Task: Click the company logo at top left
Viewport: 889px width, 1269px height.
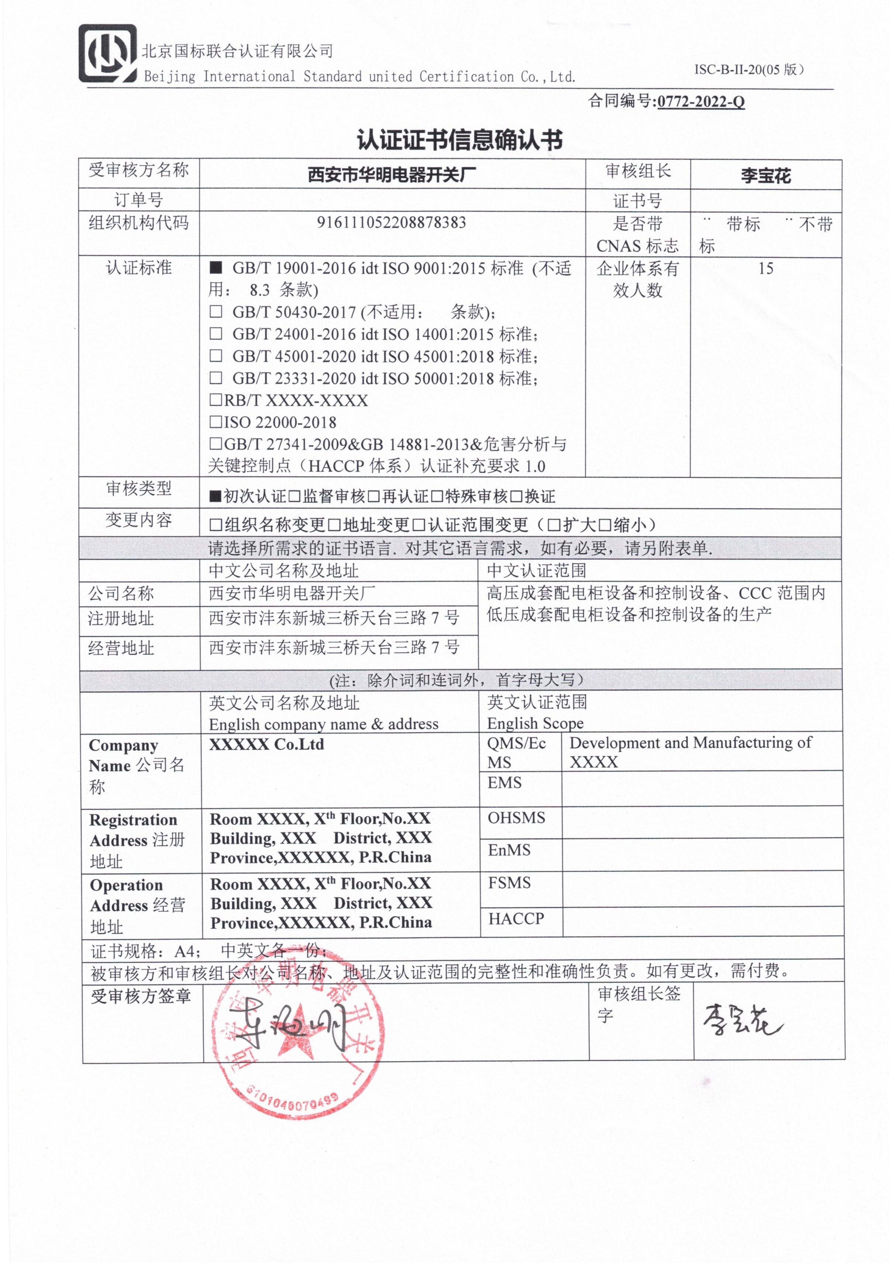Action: tap(107, 54)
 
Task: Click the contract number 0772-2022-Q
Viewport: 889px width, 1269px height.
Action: tap(700, 102)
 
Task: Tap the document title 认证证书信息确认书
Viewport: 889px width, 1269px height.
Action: tap(460, 140)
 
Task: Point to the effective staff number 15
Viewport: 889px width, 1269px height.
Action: tap(765, 269)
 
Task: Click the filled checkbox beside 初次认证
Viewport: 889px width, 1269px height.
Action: tap(216, 496)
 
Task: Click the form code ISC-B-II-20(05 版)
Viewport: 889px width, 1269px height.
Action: tap(749, 70)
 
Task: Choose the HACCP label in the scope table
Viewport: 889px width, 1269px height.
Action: tap(516, 919)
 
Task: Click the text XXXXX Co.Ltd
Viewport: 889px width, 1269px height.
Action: tap(266, 744)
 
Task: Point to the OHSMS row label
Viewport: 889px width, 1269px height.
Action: tap(516, 818)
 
